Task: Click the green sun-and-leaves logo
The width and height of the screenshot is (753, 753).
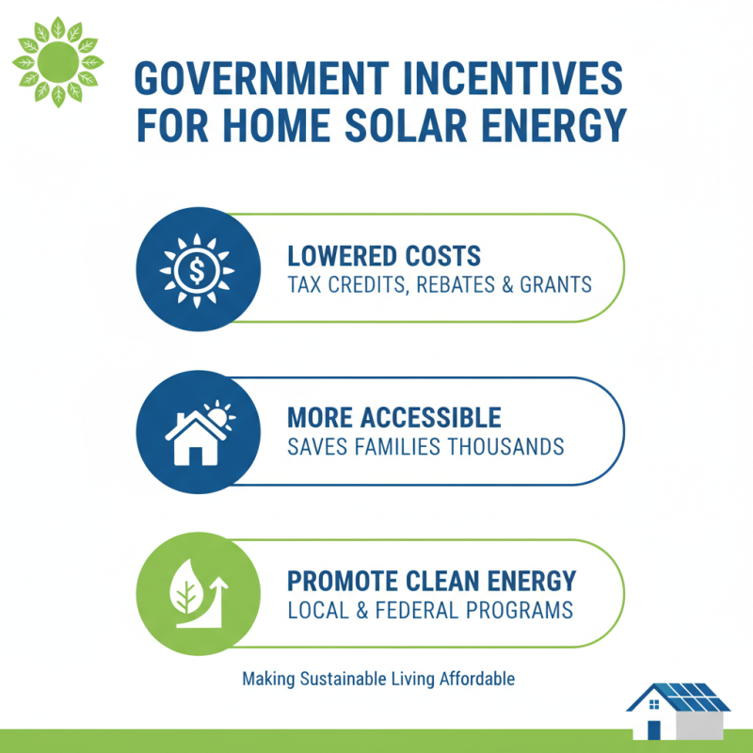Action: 58,61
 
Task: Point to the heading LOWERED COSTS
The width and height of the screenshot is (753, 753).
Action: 384,255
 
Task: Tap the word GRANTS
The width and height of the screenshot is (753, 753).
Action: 558,283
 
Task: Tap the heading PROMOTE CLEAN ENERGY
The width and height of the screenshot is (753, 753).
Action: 432,581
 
